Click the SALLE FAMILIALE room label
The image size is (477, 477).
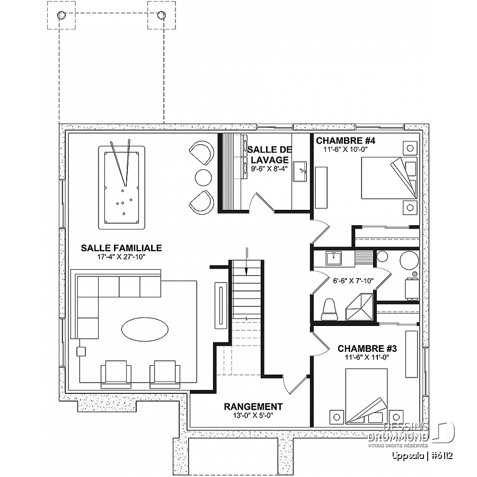121,248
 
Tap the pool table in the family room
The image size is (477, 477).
122,188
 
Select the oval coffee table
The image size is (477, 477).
145,329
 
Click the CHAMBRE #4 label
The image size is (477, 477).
346,140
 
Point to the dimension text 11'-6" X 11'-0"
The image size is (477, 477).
367,357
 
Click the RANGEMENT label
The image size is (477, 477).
253,407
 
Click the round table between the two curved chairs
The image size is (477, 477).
203,178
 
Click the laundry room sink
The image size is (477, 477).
301,172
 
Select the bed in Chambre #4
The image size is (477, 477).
389,178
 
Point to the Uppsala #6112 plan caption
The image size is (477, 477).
422,456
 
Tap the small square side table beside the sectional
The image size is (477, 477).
81,351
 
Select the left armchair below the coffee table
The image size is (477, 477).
116,375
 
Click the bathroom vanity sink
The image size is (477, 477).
334,259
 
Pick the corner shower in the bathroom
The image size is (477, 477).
360,307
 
